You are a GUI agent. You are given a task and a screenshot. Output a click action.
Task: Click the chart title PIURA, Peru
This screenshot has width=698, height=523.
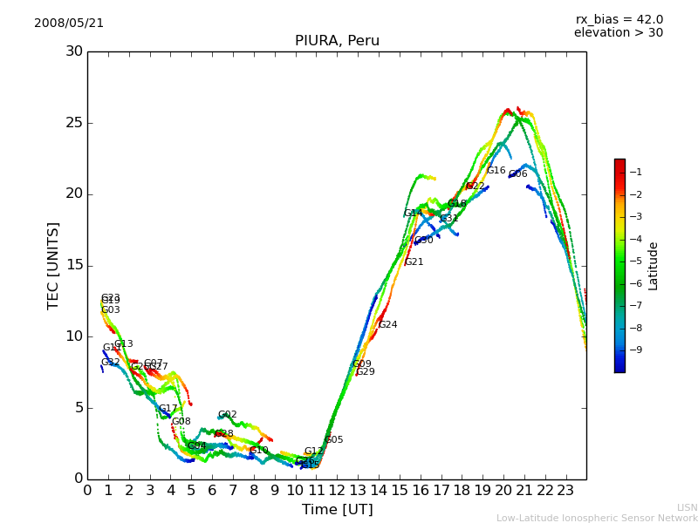[x=337, y=41]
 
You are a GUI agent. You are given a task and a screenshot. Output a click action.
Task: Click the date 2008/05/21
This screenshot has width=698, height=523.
[x=69, y=23]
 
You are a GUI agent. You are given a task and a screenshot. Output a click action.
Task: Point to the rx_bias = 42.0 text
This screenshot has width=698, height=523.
[x=619, y=19]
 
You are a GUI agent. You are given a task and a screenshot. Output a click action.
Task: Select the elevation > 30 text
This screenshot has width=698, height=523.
[x=619, y=33]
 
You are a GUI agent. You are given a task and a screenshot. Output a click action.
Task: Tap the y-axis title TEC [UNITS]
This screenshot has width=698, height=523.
[x=53, y=265]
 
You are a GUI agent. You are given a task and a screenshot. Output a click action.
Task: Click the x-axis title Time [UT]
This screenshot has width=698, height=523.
[x=337, y=509]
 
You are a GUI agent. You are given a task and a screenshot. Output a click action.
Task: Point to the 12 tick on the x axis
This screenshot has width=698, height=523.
[x=337, y=490]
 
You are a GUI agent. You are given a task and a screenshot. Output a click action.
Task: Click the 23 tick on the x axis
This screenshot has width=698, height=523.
[x=565, y=490]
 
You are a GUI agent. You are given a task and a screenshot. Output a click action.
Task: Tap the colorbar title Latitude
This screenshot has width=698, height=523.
[x=653, y=266]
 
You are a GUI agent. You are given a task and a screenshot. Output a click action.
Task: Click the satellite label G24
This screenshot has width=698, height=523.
[x=387, y=325]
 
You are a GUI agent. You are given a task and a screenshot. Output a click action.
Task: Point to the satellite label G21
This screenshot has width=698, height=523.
[x=414, y=262]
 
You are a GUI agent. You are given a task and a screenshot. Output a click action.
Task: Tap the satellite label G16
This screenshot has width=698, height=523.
[x=496, y=171]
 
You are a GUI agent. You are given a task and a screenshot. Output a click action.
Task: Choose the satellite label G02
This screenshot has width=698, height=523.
[x=228, y=415]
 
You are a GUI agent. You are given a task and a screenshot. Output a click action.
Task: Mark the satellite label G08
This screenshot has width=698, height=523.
[x=181, y=422]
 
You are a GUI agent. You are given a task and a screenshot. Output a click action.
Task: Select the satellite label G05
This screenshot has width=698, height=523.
[x=334, y=440]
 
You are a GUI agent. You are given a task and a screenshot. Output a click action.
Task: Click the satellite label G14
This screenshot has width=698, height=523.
[x=413, y=214]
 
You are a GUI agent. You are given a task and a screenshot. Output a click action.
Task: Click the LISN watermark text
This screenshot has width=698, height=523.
[x=688, y=507]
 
